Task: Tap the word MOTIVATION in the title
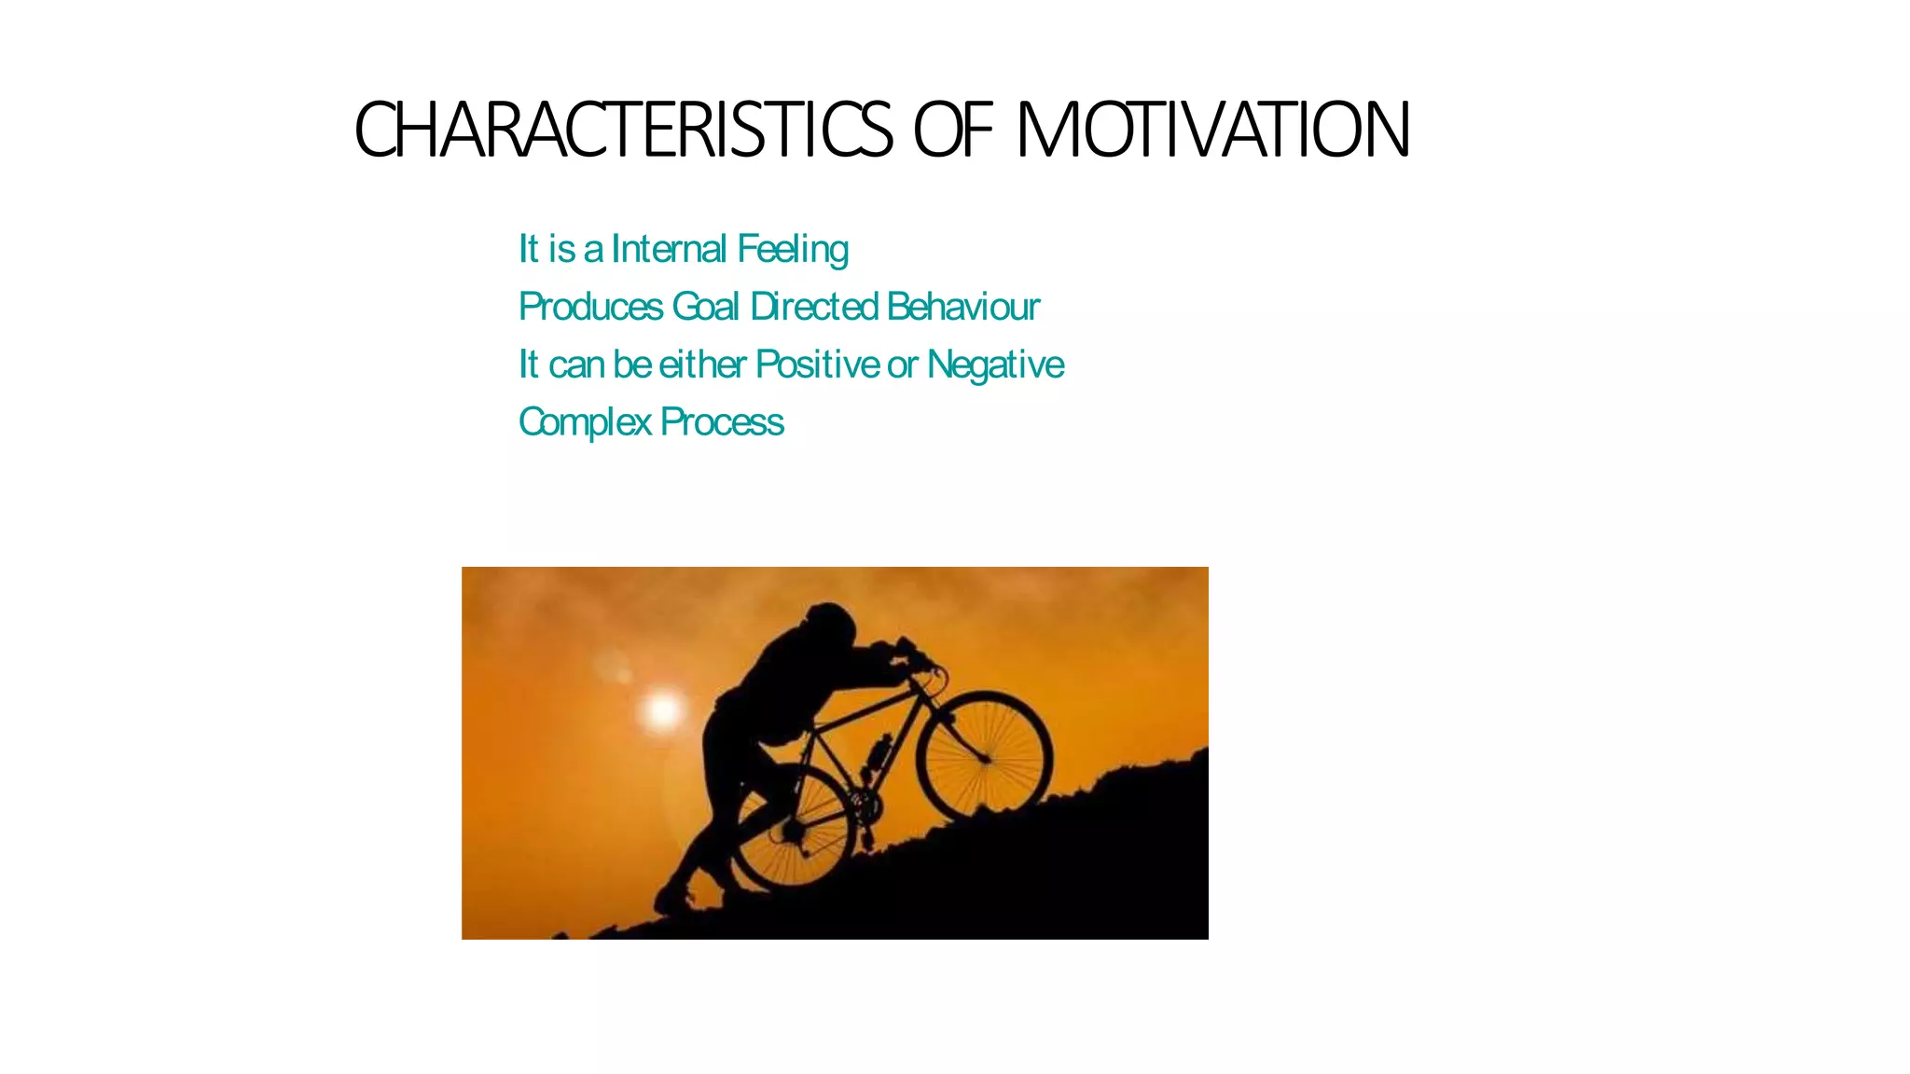1212,131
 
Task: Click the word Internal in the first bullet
669,249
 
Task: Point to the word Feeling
793,250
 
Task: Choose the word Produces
590,307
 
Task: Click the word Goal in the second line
706,307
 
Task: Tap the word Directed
814,307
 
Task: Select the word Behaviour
963,307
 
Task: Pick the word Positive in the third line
818,365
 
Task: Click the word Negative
995,365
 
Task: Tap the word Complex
585,422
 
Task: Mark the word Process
722,422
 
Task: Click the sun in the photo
663,711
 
